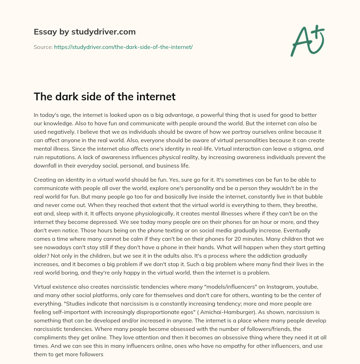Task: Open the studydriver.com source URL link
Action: (x=123, y=47)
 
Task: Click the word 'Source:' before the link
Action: (x=43, y=47)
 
